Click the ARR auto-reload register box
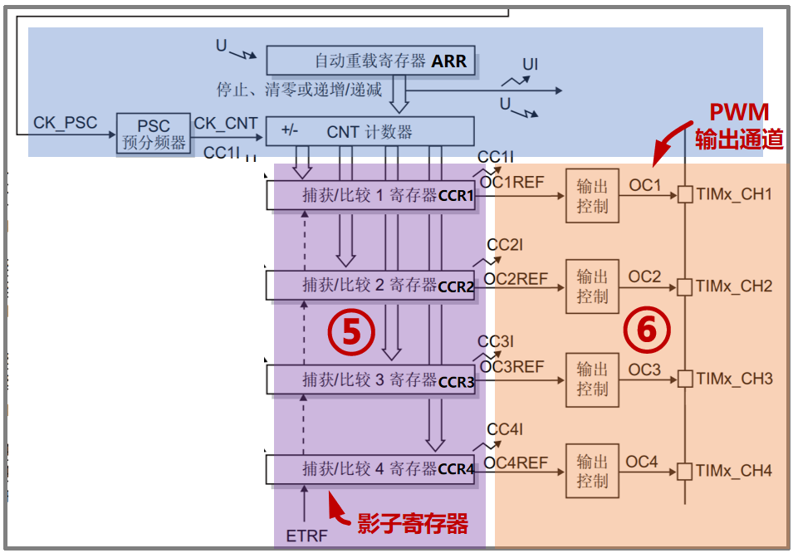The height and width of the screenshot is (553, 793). coord(370,61)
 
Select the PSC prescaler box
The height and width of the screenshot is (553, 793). coord(154,134)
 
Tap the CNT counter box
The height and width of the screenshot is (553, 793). coord(370,131)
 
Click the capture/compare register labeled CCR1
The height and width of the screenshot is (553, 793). coord(370,196)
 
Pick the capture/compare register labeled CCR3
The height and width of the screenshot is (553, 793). coord(370,380)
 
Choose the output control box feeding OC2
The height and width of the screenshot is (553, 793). coord(592,286)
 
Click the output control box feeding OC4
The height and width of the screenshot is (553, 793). coord(592,471)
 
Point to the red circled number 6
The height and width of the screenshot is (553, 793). coord(646,331)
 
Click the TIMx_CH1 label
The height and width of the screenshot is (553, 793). coord(734,194)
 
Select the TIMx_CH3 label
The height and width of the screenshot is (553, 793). coord(734,379)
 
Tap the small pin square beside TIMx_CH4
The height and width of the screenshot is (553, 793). coord(684,471)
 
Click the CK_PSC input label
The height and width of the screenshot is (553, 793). coord(65,123)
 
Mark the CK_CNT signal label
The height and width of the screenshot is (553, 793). coord(226,123)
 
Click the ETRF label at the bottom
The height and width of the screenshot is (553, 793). coord(306,536)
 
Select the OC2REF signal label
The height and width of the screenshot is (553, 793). coord(516,279)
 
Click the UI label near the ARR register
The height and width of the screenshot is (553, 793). coord(531,64)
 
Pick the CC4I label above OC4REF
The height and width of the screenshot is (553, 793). coord(505,429)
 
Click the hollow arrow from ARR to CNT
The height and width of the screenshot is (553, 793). coord(399,93)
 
